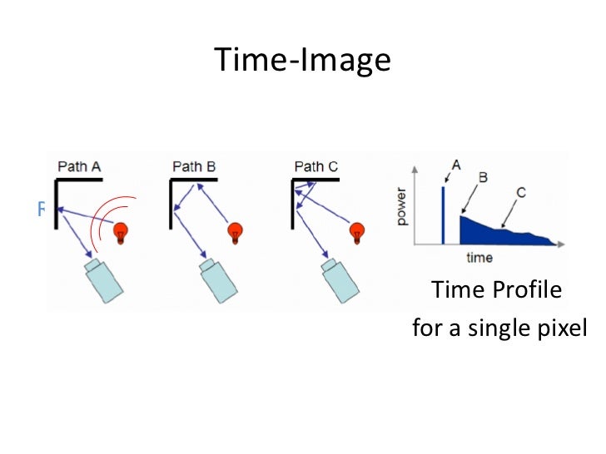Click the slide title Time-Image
(302, 60)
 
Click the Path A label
(79, 166)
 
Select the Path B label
(194, 166)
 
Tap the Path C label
(316, 166)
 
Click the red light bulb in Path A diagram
(123, 232)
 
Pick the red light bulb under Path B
(236, 233)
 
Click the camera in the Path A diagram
(104, 278)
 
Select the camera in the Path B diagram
(219, 278)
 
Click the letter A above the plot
(454, 162)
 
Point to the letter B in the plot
(483, 177)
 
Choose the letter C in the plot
(520, 193)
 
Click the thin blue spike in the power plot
(444, 215)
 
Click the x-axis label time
(479, 258)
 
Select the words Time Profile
(496, 291)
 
